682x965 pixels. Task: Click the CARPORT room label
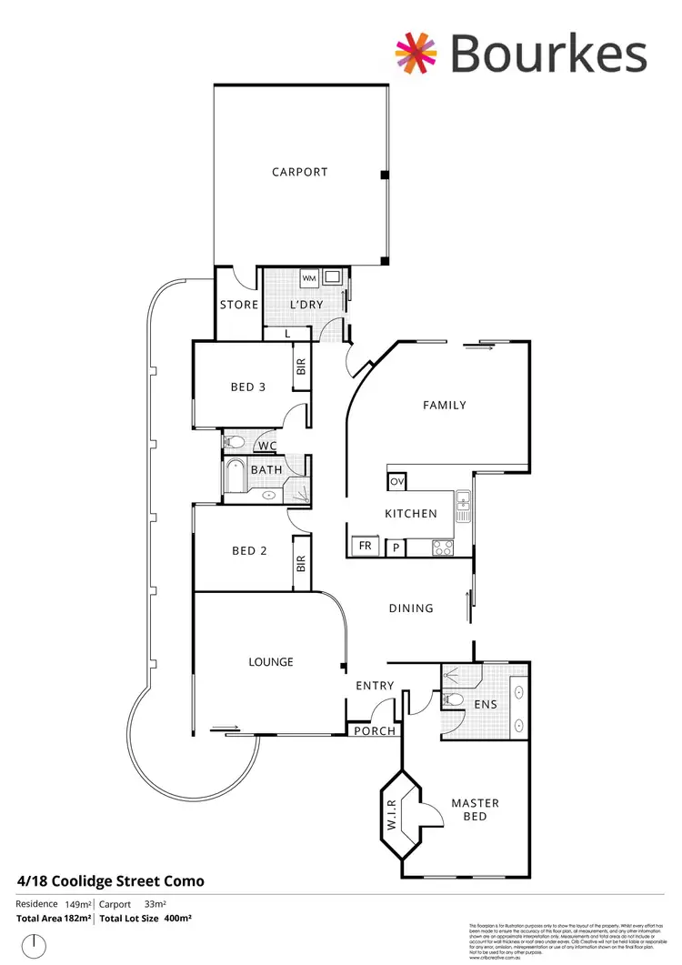299,172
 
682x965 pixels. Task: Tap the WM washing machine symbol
308,277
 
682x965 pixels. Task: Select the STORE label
239,305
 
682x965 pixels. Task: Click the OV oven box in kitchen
396,481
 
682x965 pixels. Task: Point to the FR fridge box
366,547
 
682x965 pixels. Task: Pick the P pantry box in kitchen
396,547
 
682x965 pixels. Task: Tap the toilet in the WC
235,443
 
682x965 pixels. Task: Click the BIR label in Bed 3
301,367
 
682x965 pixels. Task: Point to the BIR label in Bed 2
301,565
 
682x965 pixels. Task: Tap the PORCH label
375,731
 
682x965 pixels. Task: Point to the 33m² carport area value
155,904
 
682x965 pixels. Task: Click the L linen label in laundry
287,334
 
